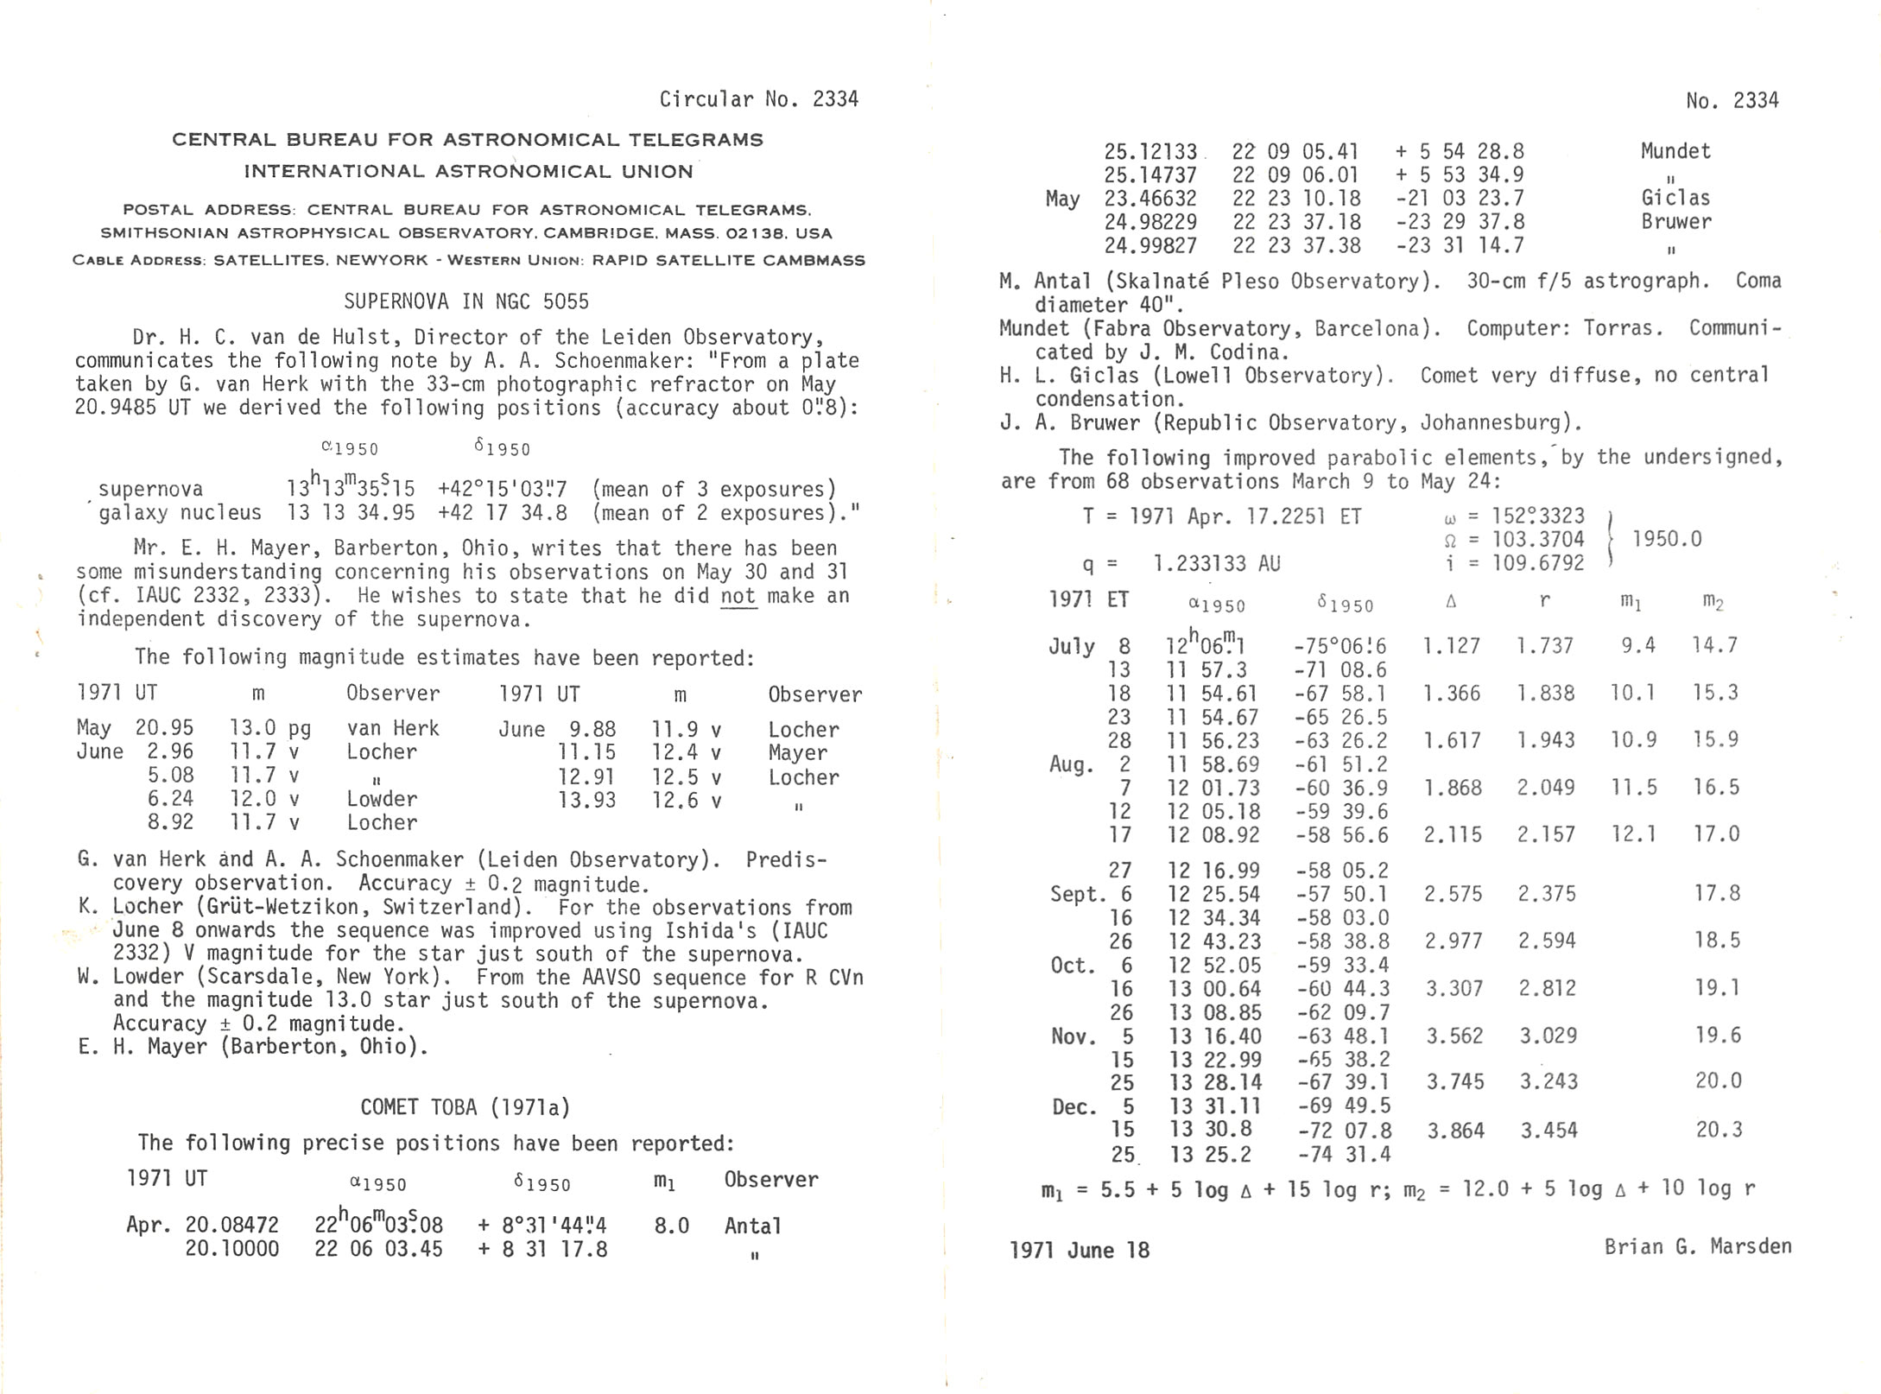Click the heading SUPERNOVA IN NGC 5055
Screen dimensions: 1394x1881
click(x=466, y=301)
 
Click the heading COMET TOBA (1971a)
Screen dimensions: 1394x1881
click(x=465, y=1107)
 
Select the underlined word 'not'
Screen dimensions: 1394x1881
click(x=738, y=596)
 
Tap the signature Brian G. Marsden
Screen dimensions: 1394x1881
click(x=1698, y=1246)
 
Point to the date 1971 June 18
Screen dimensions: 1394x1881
click(x=1080, y=1250)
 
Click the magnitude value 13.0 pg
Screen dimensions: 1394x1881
click(x=269, y=728)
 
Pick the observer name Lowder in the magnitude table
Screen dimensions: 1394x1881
click(x=382, y=799)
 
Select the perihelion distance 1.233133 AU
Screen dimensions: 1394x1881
click(x=1216, y=564)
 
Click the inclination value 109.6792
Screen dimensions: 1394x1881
click(x=1534, y=563)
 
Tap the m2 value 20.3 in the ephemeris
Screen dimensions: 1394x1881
click(x=1719, y=1130)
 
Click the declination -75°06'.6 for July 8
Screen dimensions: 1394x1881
click(x=1339, y=646)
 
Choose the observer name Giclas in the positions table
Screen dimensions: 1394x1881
click(x=1675, y=198)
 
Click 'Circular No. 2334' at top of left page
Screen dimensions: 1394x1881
click(x=758, y=99)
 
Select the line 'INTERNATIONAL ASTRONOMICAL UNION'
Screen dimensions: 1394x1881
click(x=468, y=171)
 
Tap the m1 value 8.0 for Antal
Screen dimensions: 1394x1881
click(x=671, y=1226)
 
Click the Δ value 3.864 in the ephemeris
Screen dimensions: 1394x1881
click(x=1455, y=1131)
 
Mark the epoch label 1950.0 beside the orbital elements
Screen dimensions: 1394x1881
click(x=1667, y=539)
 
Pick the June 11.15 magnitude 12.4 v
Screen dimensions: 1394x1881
click(x=686, y=752)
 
